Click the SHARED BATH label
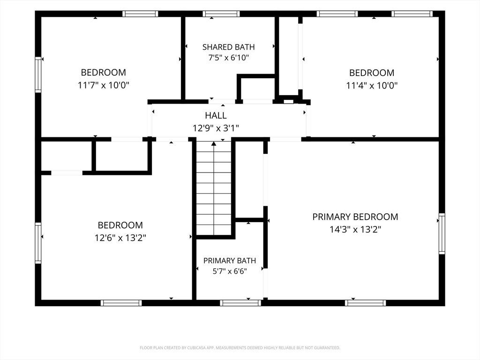click(228, 47)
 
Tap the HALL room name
click(216, 115)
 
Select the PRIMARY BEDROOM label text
click(355, 217)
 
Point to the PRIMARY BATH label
click(230, 261)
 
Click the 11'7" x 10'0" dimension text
click(104, 85)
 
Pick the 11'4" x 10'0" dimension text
click(372, 85)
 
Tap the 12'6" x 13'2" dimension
click(120, 238)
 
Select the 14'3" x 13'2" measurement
click(355, 229)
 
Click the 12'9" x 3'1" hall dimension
click(216, 128)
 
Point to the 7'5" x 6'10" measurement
click(229, 58)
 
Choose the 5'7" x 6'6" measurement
click(230, 271)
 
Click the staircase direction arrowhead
click(214, 143)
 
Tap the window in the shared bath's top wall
click(221, 14)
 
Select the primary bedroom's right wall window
click(442, 233)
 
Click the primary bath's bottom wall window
click(240, 303)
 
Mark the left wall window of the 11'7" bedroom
click(38, 75)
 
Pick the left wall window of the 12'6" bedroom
click(38, 243)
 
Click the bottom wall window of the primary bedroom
click(365, 303)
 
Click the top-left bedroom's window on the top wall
click(140, 14)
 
